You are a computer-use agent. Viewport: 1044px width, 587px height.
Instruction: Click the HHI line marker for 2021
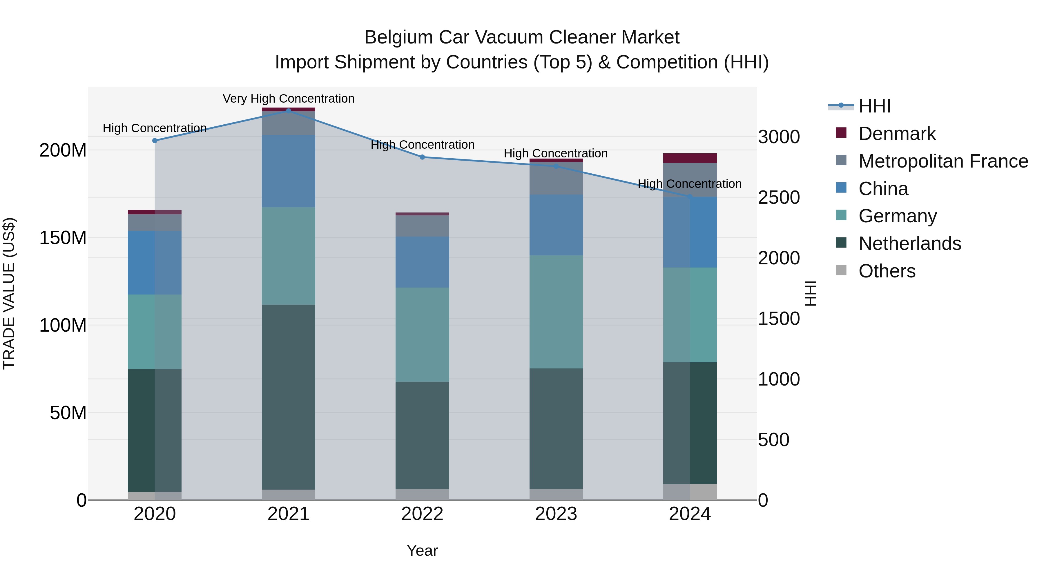[289, 111]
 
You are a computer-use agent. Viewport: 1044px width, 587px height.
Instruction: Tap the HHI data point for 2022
[422, 157]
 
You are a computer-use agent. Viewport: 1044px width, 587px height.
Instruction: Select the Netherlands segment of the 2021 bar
[289, 397]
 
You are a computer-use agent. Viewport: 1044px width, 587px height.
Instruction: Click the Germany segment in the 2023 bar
[556, 312]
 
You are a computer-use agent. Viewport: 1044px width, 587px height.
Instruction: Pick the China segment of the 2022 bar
[422, 262]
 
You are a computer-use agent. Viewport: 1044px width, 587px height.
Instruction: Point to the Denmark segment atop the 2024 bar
[690, 158]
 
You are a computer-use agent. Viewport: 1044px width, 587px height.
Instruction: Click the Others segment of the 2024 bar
[690, 492]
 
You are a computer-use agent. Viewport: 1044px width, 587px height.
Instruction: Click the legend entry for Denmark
[897, 134]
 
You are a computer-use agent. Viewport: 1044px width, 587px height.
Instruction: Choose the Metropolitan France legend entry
[943, 161]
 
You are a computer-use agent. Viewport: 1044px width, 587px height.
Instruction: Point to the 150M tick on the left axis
[63, 238]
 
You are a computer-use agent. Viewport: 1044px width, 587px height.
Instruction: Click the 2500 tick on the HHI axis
[779, 198]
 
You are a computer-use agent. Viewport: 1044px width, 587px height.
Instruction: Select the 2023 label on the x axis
[556, 514]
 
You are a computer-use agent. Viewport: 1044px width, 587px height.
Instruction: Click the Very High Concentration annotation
[289, 99]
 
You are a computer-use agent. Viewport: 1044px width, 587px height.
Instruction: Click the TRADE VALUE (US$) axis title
[9, 293]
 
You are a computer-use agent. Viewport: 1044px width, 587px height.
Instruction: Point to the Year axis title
[422, 550]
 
